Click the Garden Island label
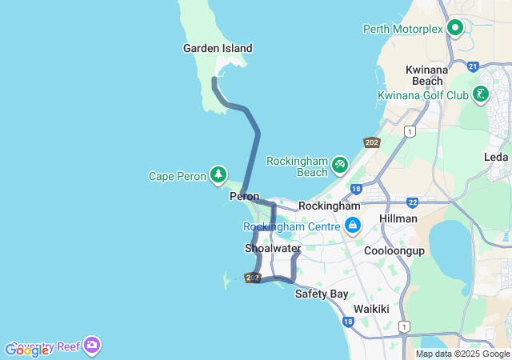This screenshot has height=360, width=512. click(x=218, y=48)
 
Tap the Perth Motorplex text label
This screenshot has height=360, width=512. click(x=402, y=29)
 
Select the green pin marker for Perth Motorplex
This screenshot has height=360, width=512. click(x=456, y=28)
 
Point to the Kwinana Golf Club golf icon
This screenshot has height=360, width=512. click(x=480, y=94)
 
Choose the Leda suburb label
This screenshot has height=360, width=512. click(x=496, y=157)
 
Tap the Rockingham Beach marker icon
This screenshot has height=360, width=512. click(x=340, y=163)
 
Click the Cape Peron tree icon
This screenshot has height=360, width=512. click(x=218, y=174)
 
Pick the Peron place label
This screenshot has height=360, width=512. click(x=244, y=196)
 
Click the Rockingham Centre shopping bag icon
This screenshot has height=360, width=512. click(x=352, y=226)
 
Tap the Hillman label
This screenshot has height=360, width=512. click(x=398, y=218)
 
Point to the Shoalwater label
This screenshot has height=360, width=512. click(x=272, y=249)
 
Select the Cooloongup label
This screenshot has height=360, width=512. click(x=394, y=250)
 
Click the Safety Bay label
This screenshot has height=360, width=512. click(x=322, y=294)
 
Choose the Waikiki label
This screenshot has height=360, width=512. click(x=371, y=309)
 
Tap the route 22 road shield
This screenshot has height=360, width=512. click(x=412, y=202)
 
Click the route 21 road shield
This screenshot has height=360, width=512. click(x=473, y=66)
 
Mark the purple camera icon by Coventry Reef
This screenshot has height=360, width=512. click(x=92, y=345)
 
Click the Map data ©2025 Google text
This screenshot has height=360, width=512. click(x=462, y=354)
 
